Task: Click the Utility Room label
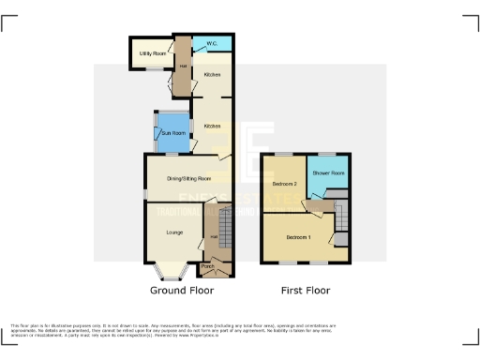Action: (151, 54)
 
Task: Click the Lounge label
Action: (173, 232)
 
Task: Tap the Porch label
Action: (207, 266)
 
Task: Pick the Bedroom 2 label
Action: (284, 184)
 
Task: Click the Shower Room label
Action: (328, 173)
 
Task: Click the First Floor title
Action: (308, 292)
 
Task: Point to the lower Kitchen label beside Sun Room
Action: (212, 126)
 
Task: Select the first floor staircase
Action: (342, 217)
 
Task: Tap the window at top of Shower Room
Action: (328, 154)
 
